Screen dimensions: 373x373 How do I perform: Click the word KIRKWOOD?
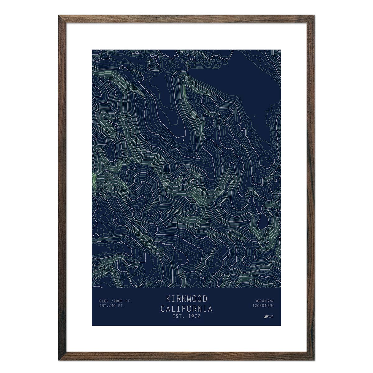tap(186, 299)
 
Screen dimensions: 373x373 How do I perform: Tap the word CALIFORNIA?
tap(186, 309)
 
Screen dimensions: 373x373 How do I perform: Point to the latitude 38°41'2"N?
tap(264, 301)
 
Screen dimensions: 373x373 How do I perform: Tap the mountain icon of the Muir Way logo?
tap(266, 316)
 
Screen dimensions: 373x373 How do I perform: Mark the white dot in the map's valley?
tap(183, 140)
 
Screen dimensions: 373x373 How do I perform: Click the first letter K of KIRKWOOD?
tap(168, 299)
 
